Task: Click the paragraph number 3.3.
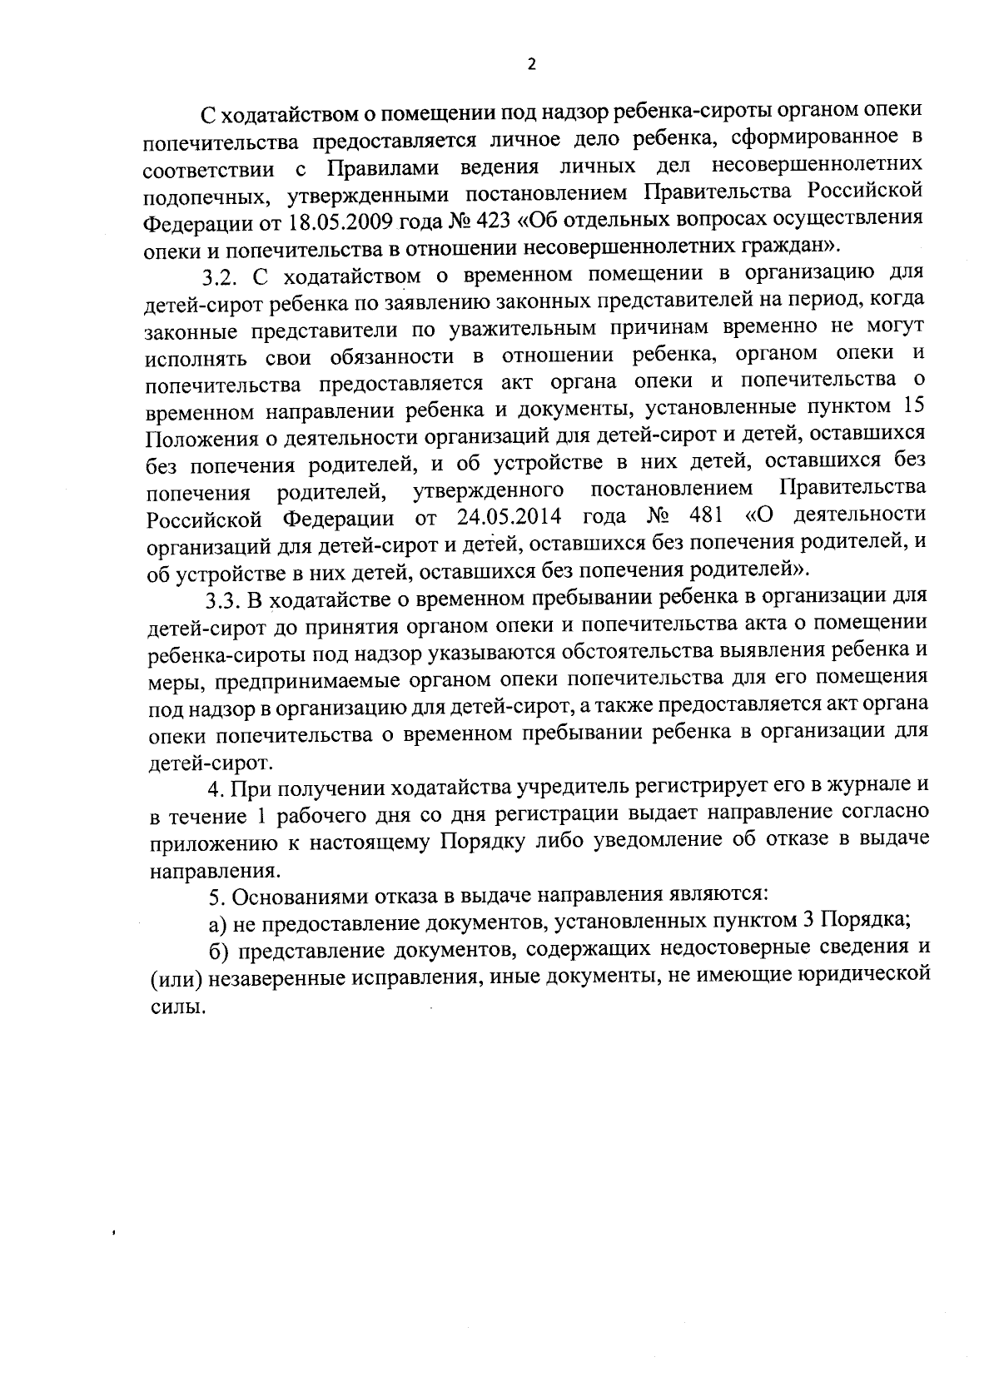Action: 223,600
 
